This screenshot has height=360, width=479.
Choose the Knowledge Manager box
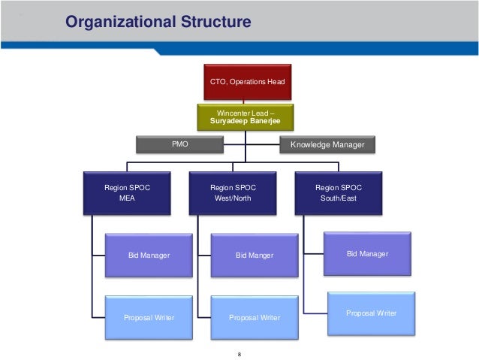pos(327,143)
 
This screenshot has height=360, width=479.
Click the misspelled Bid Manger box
pos(255,256)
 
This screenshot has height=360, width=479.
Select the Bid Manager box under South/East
pos(368,254)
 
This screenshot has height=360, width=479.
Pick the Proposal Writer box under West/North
pos(255,318)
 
